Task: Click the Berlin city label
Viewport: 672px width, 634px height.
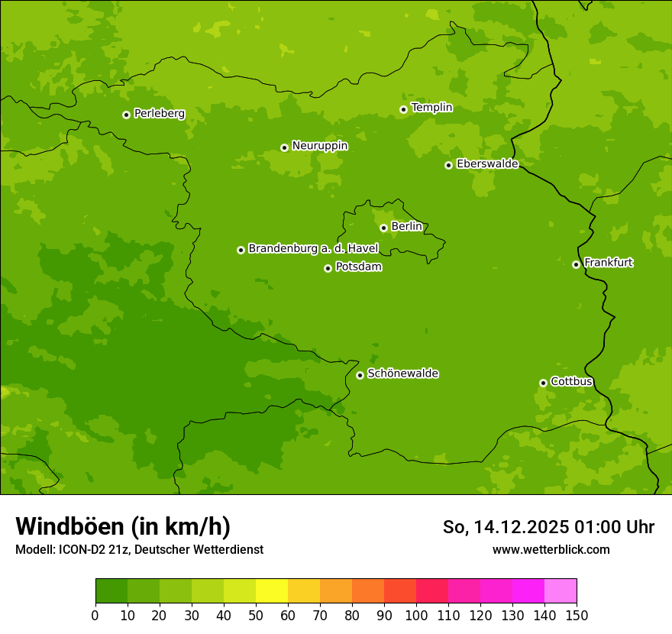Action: (406, 227)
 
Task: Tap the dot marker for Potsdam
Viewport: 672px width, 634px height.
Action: (328, 268)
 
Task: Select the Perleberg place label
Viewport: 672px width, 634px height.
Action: (160, 114)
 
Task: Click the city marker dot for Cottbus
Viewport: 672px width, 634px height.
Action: (543, 383)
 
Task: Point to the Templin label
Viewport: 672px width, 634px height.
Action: (431, 108)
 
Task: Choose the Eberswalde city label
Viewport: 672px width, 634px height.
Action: (487, 164)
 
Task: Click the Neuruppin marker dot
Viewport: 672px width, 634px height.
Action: (284, 147)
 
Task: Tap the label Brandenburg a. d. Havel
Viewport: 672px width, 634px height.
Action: (313, 249)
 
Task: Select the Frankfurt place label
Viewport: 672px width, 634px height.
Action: (609, 263)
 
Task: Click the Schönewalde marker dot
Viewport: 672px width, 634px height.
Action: (360, 375)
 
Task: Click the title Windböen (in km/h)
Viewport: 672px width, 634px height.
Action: (123, 526)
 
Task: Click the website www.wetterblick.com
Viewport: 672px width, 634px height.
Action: (551, 549)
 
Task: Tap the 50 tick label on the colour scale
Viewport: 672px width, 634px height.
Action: (256, 615)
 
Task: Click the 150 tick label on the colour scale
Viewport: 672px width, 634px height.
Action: (577, 615)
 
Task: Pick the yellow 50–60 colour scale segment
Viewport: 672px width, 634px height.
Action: (272, 591)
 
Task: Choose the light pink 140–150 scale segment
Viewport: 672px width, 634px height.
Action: (561, 591)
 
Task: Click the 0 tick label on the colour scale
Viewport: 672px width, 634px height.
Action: (95, 615)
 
